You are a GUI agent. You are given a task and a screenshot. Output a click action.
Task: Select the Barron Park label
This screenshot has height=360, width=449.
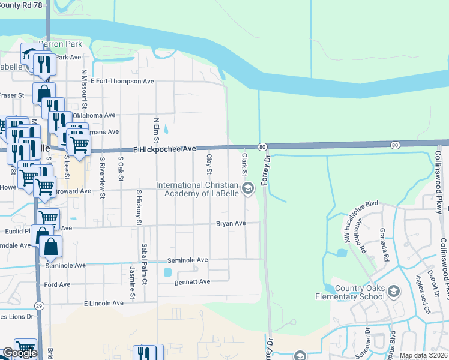point(59,44)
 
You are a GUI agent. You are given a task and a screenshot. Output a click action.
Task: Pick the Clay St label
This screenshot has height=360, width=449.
point(209,161)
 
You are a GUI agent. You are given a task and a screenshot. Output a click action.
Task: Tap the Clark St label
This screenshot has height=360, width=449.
point(244,161)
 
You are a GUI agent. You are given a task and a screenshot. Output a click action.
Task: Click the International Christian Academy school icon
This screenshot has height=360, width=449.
point(247,190)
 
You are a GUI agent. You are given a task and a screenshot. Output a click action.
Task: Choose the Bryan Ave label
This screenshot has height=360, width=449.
point(231,223)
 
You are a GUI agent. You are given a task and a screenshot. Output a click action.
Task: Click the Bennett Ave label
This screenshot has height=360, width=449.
point(192,281)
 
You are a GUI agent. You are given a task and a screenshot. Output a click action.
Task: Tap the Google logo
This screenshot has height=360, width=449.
point(19,353)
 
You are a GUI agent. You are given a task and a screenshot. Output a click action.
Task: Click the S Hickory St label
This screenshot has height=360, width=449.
point(139,208)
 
